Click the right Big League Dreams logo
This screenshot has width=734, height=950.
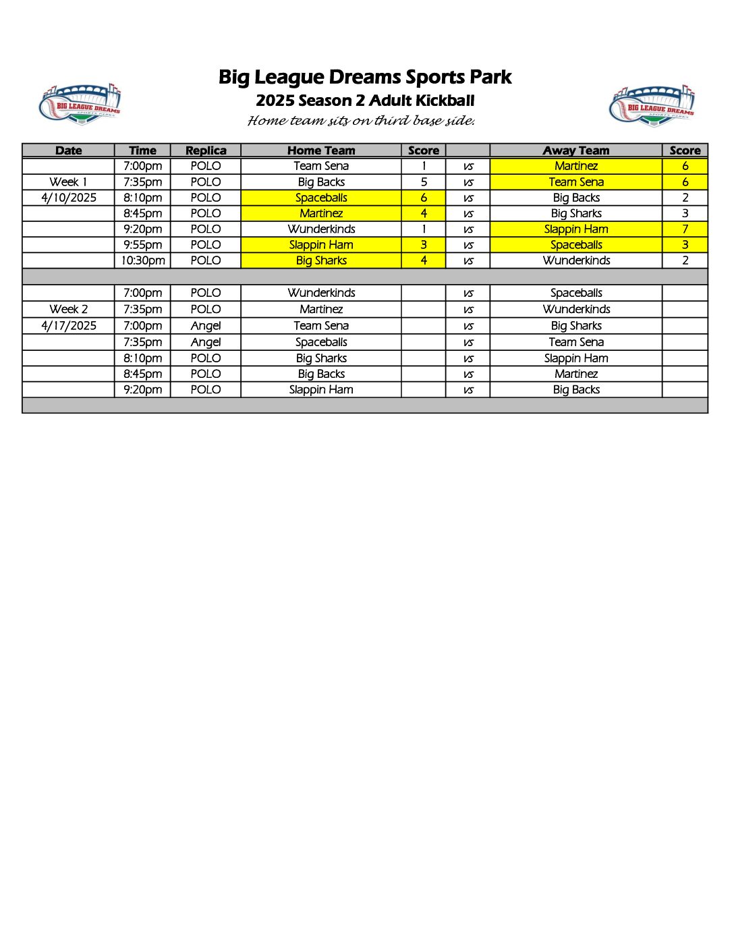point(652,106)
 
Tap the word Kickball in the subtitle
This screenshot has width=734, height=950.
point(445,101)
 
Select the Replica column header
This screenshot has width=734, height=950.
point(206,150)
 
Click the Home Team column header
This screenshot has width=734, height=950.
point(321,150)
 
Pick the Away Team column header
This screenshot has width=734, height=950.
point(576,150)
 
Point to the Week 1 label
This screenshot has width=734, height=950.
point(68,181)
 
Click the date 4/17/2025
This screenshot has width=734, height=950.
point(69,325)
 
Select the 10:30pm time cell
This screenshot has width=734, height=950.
point(143,260)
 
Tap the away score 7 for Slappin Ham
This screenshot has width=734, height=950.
point(685,229)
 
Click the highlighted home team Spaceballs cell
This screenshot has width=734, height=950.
point(321,198)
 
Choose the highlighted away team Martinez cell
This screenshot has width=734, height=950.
point(576,166)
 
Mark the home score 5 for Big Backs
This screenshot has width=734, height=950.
point(424,181)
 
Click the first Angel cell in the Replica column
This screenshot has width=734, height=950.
point(206,325)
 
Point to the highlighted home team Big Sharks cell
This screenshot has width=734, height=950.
point(321,260)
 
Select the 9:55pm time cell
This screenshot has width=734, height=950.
point(143,245)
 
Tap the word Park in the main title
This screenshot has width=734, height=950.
point(491,78)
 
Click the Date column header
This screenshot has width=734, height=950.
point(68,150)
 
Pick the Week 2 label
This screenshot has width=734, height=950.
point(68,309)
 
